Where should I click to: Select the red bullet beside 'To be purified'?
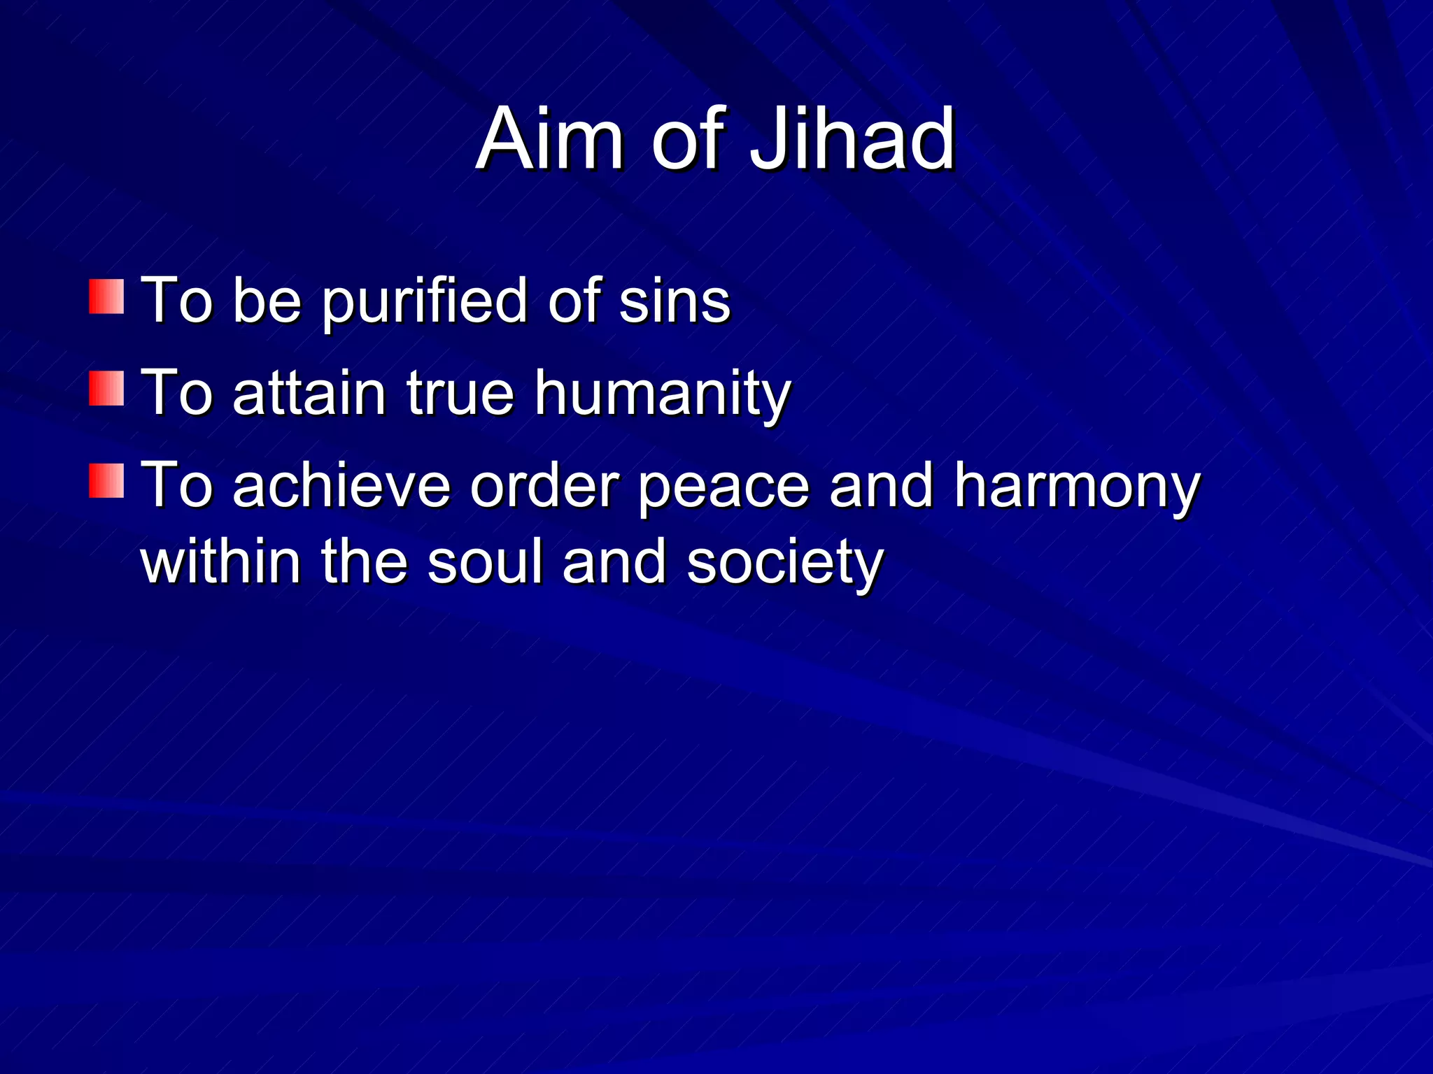coord(106,296)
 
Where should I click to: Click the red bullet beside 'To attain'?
coord(106,388)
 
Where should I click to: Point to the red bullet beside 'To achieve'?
coord(106,480)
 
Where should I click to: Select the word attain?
coord(309,393)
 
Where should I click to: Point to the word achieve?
coord(341,485)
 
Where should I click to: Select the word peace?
coord(723,487)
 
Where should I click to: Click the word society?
coord(784,564)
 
